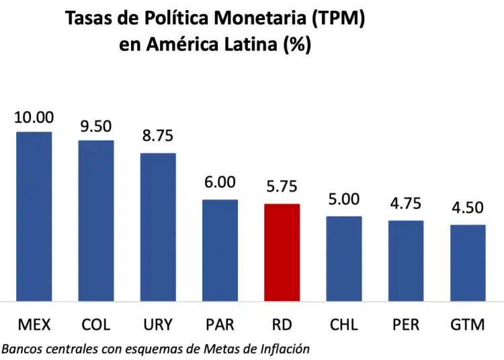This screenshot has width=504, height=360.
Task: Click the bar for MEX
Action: coord(34,216)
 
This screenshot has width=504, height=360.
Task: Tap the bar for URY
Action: coord(158,226)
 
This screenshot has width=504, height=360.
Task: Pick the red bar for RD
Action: coord(282,252)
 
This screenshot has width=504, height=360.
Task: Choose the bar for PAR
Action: coord(220,250)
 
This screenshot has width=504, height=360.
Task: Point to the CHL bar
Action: coord(344,258)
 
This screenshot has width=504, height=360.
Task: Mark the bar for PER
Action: coord(406,260)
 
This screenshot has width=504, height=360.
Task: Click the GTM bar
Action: coord(468,262)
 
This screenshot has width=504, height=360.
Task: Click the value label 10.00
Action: coord(34,118)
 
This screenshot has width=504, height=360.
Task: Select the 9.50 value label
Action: coord(96,126)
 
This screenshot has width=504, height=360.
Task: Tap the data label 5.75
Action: coord(282,187)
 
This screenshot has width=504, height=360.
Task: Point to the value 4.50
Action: coord(468,209)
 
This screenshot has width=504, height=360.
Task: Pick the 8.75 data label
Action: coord(158,136)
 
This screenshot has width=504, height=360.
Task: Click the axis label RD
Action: coord(282,325)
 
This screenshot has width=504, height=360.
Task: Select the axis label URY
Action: coord(158,325)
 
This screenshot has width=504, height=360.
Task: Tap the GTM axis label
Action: coord(468,325)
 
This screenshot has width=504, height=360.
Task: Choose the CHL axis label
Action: coord(344,325)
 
